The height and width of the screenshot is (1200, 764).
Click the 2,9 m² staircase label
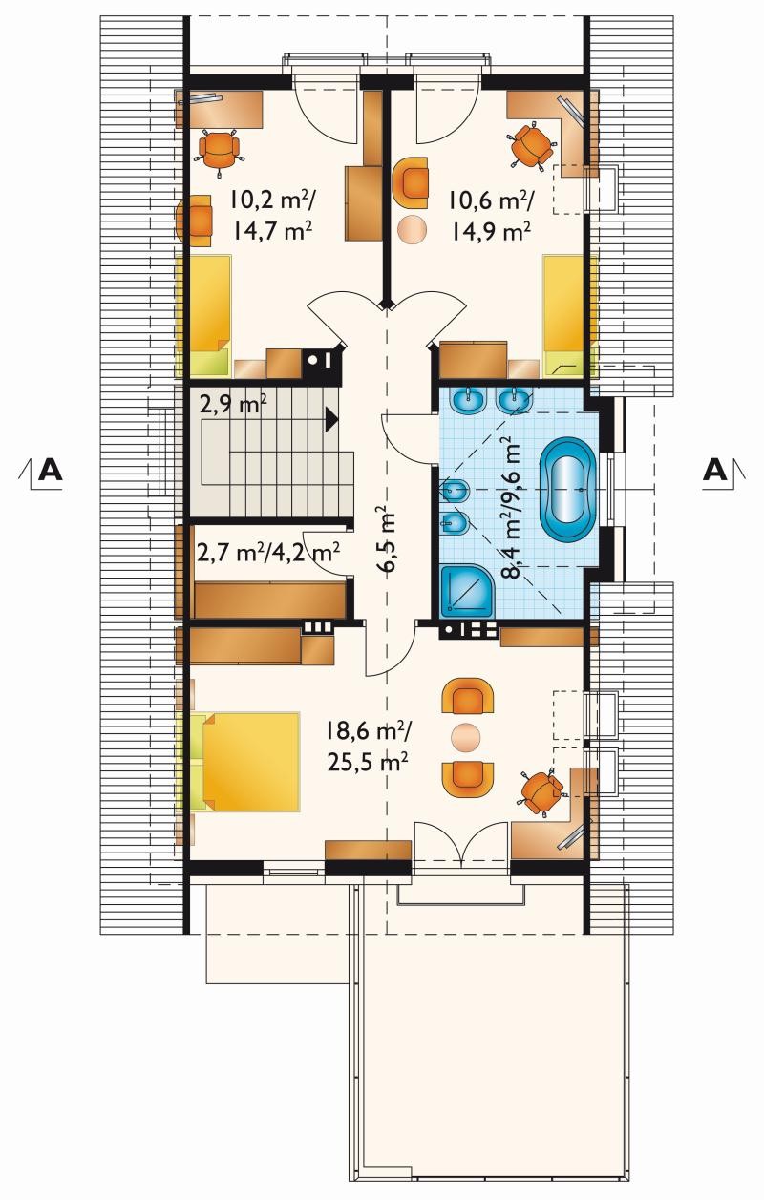click(233, 405)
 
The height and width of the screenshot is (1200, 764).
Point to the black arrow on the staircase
click(331, 419)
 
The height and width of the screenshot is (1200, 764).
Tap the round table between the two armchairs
click(465, 737)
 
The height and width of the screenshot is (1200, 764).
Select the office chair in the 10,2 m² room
click(220, 151)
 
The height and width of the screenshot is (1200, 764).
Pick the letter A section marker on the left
click(51, 471)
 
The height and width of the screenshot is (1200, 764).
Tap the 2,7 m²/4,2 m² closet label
click(268, 553)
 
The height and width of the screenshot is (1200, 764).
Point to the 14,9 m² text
click(490, 231)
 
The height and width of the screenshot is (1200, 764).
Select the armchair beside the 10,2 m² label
click(194, 221)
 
